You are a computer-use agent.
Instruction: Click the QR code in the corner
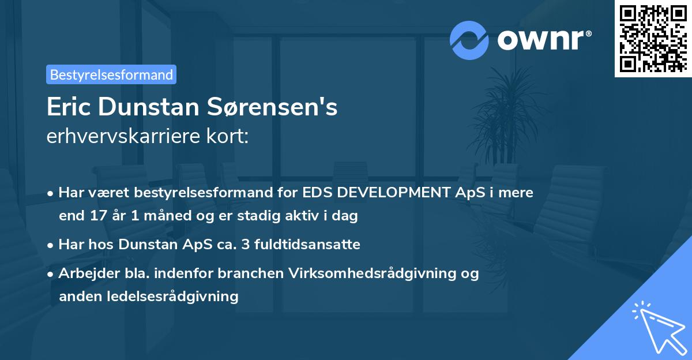pyautogui.click(x=653, y=39)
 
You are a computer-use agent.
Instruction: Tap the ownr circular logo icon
pyautogui.click(x=469, y=40)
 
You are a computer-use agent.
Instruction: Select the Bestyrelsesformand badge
pyautogui.click(x=111, y=74)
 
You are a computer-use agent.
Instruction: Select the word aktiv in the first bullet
pyautogui.click(x=306, y=216)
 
